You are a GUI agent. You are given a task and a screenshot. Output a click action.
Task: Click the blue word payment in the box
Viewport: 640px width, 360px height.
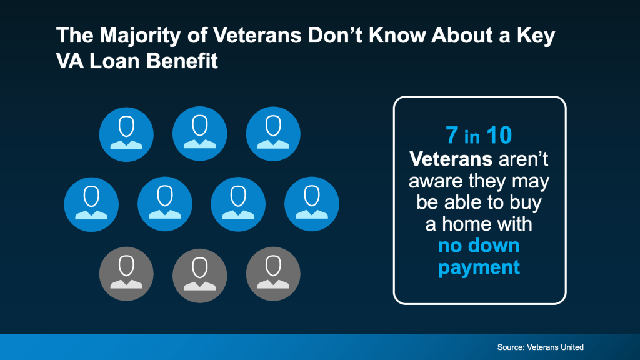coord(479,267)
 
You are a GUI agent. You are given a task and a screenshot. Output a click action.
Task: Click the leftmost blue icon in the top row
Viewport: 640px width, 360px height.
coord(126,134)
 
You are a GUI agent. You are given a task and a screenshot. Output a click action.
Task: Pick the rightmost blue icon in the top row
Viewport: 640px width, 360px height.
coord(273,134)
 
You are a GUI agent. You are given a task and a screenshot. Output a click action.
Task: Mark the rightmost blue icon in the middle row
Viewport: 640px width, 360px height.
coord(311,204)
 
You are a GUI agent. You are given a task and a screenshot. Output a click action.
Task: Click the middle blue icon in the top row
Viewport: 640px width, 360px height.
coord(200,134)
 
